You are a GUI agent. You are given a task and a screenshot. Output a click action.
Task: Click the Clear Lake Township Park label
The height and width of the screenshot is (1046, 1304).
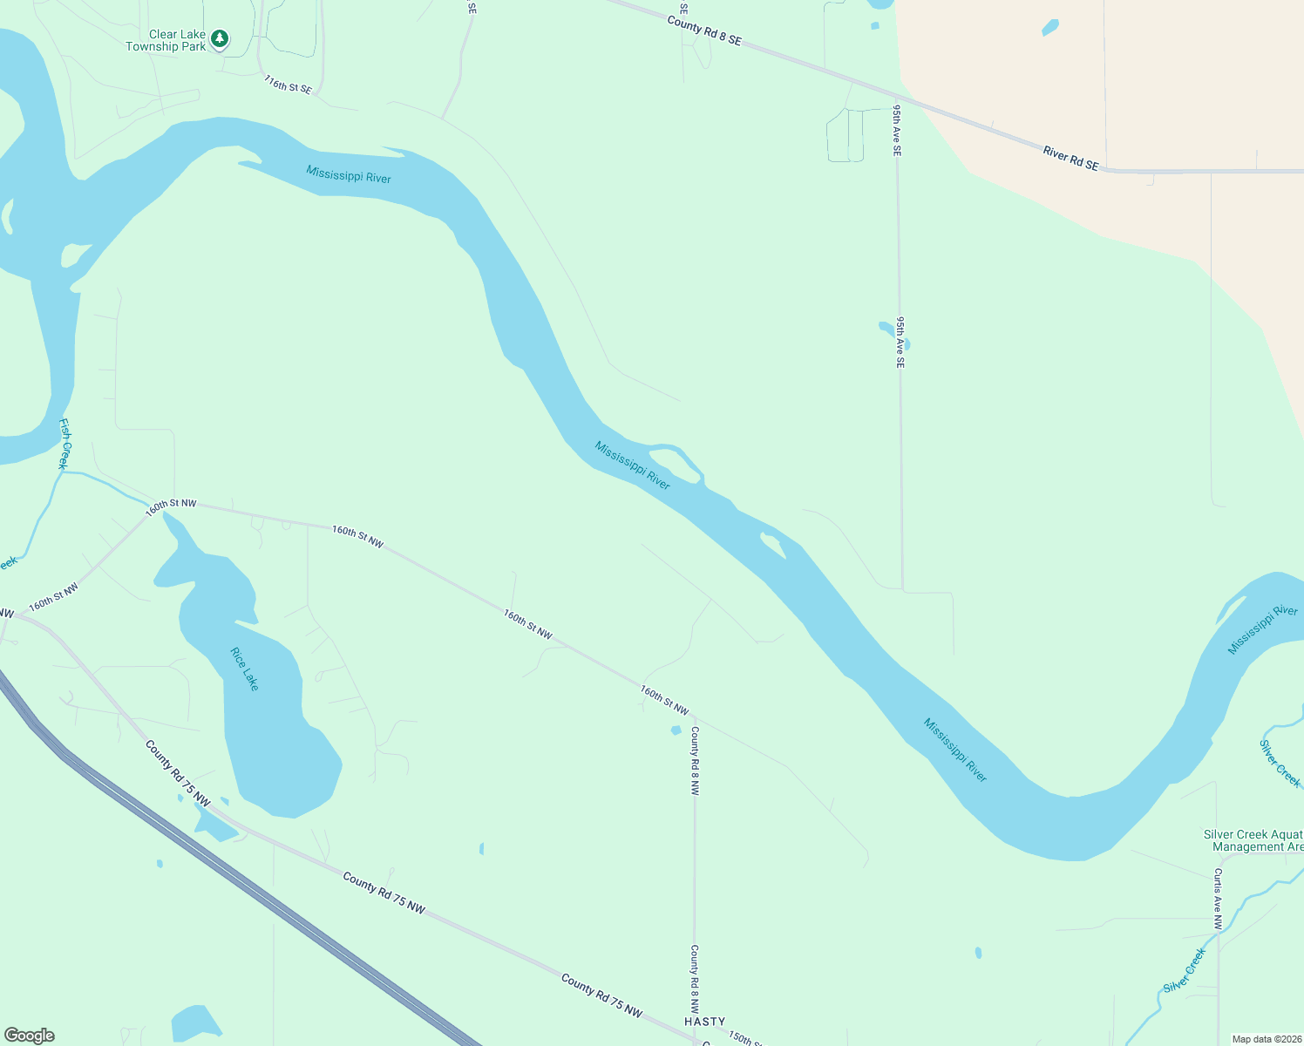[x=166, y=41]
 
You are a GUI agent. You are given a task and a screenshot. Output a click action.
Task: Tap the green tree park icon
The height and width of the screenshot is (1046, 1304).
[x=221, y=38]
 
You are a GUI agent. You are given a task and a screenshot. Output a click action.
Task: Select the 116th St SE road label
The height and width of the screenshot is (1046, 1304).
[x=288, y=85]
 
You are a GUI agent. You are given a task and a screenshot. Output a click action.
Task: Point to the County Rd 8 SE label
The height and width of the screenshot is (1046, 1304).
[x=704, y=30]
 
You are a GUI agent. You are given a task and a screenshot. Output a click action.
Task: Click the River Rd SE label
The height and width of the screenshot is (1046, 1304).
[x=1070, y=159]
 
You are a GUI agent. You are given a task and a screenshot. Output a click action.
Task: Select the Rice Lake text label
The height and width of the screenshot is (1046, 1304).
[x=245, y=669]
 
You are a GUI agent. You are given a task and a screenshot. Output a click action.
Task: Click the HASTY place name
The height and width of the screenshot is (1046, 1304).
[x=704, y=1021]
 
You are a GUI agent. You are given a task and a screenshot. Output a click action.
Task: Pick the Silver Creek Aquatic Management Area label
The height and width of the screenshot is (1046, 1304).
[x=1253, y=840]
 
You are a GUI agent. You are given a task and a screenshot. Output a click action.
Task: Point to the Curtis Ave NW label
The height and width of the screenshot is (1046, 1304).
[x=1218, y=898]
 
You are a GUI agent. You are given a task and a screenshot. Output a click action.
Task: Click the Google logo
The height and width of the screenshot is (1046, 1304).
[x=30, y=1036]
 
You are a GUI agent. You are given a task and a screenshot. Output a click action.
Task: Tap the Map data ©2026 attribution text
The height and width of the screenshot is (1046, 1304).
[x=1265, y=1039]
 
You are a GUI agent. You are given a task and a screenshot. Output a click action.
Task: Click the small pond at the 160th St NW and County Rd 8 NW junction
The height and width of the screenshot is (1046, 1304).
[x=676, y=730]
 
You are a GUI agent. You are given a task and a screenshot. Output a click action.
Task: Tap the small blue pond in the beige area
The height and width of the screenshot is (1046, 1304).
[x=1050, y=28]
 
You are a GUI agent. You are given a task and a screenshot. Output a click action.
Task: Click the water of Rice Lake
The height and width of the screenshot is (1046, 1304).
[x=270, y=741]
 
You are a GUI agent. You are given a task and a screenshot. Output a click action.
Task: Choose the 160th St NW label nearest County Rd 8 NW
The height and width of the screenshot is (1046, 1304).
[x=664, y=700]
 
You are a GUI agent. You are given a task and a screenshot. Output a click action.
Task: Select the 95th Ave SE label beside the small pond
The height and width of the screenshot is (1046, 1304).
[x=900, y=342]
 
